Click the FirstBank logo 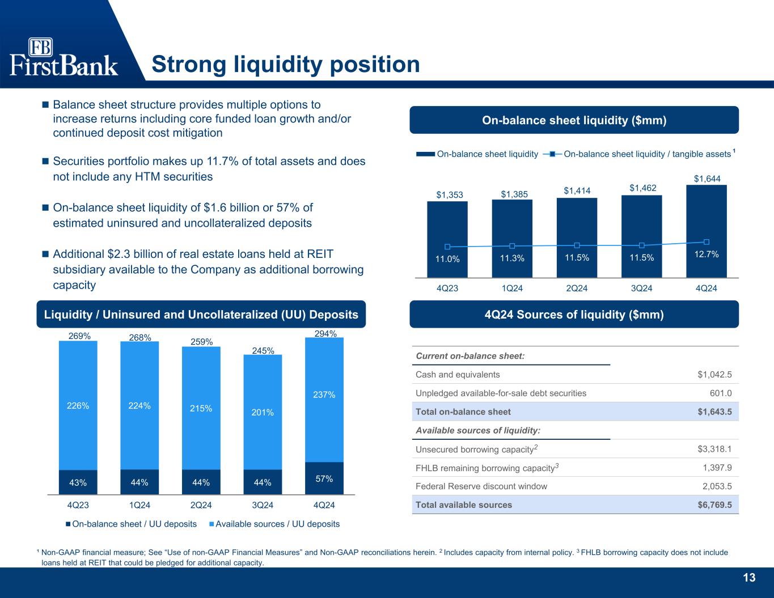64,57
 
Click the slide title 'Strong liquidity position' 286,65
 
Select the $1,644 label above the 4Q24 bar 707,179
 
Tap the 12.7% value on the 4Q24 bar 707,254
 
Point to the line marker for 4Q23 447,247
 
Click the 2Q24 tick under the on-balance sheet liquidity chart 577,289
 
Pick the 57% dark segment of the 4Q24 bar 324,478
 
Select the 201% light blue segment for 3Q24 263,412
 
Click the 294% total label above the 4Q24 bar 325,333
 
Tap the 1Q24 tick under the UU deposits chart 139,505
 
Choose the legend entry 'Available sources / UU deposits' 274,524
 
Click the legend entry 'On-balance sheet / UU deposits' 131,524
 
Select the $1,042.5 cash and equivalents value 714,375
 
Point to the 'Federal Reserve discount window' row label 481,486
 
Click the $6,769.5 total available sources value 714,504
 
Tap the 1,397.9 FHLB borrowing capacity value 717,468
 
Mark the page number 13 750,578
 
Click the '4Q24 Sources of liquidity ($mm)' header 574,315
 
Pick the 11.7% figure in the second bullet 223,161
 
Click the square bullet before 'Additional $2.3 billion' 45,254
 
